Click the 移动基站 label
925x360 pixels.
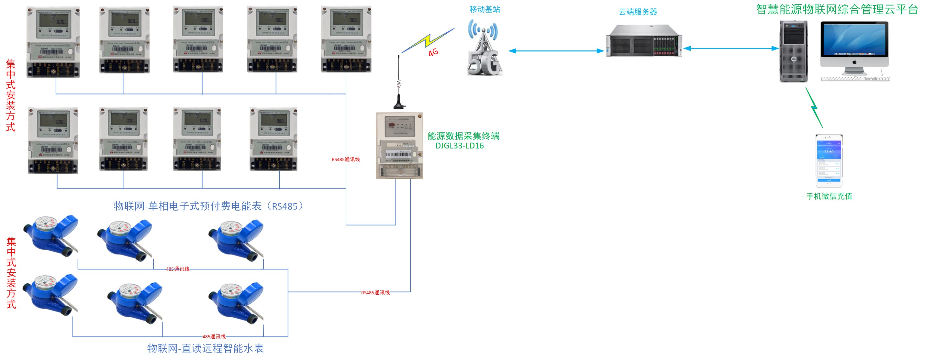485,9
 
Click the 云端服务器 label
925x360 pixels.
638,12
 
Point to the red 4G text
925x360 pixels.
433,52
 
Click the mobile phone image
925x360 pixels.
829,161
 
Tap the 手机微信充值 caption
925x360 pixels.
829,196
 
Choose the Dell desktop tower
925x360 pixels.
794,51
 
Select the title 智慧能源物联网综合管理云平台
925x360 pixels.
837,9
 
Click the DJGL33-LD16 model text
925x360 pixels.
459,146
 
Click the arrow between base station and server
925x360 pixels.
556,51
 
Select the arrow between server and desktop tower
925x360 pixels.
731,49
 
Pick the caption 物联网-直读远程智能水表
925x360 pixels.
206,348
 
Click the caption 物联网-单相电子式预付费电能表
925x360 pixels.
208,206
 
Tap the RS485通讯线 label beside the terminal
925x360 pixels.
345,159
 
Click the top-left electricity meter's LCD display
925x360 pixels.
53,20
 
